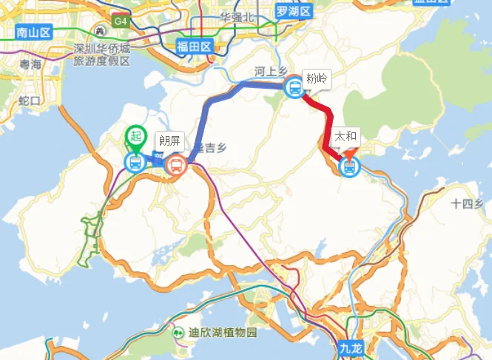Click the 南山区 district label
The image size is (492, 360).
point(33,32)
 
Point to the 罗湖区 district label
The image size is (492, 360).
point(294,10)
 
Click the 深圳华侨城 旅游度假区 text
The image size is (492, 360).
point(101,55)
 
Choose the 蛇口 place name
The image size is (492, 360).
point(29,100)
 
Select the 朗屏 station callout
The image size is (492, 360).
point(169,140)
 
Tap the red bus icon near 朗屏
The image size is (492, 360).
point(176,164)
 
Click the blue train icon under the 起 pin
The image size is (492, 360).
point(135,162)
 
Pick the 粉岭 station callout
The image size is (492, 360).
point(317,78)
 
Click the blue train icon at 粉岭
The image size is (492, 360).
point(294,88)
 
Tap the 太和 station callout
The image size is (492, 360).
point(346,137)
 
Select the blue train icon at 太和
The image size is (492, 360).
point(348,167)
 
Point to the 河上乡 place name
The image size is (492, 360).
point(271,71)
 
